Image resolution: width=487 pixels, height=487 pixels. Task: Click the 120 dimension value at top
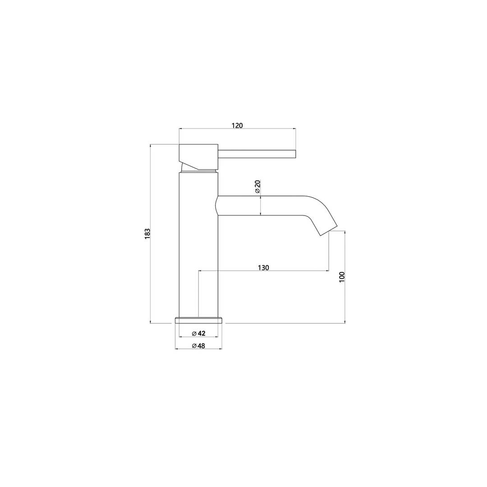(x=237, y=125)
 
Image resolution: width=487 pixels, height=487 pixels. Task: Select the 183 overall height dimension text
(x=147, y=234)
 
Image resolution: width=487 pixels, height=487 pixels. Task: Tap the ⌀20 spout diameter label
(x=257, y=187)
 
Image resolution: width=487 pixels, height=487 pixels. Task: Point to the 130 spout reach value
(x=263, y=267)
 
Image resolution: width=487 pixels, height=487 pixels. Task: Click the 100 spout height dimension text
(x=342, y=277)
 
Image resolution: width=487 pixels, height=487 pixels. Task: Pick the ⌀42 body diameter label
(x=198, y=333)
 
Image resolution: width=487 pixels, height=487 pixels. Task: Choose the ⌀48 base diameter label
(x=198, y=346)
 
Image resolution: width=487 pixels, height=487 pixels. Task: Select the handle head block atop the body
(x=198, y=156)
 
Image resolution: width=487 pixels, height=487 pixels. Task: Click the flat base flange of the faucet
(x=198, y=320)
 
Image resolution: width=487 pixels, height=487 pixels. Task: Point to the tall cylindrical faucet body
(x=198, y=253)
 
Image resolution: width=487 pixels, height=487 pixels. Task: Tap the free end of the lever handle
(x=294, y=154)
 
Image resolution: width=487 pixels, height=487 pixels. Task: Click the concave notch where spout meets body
(x=217, y=206)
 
